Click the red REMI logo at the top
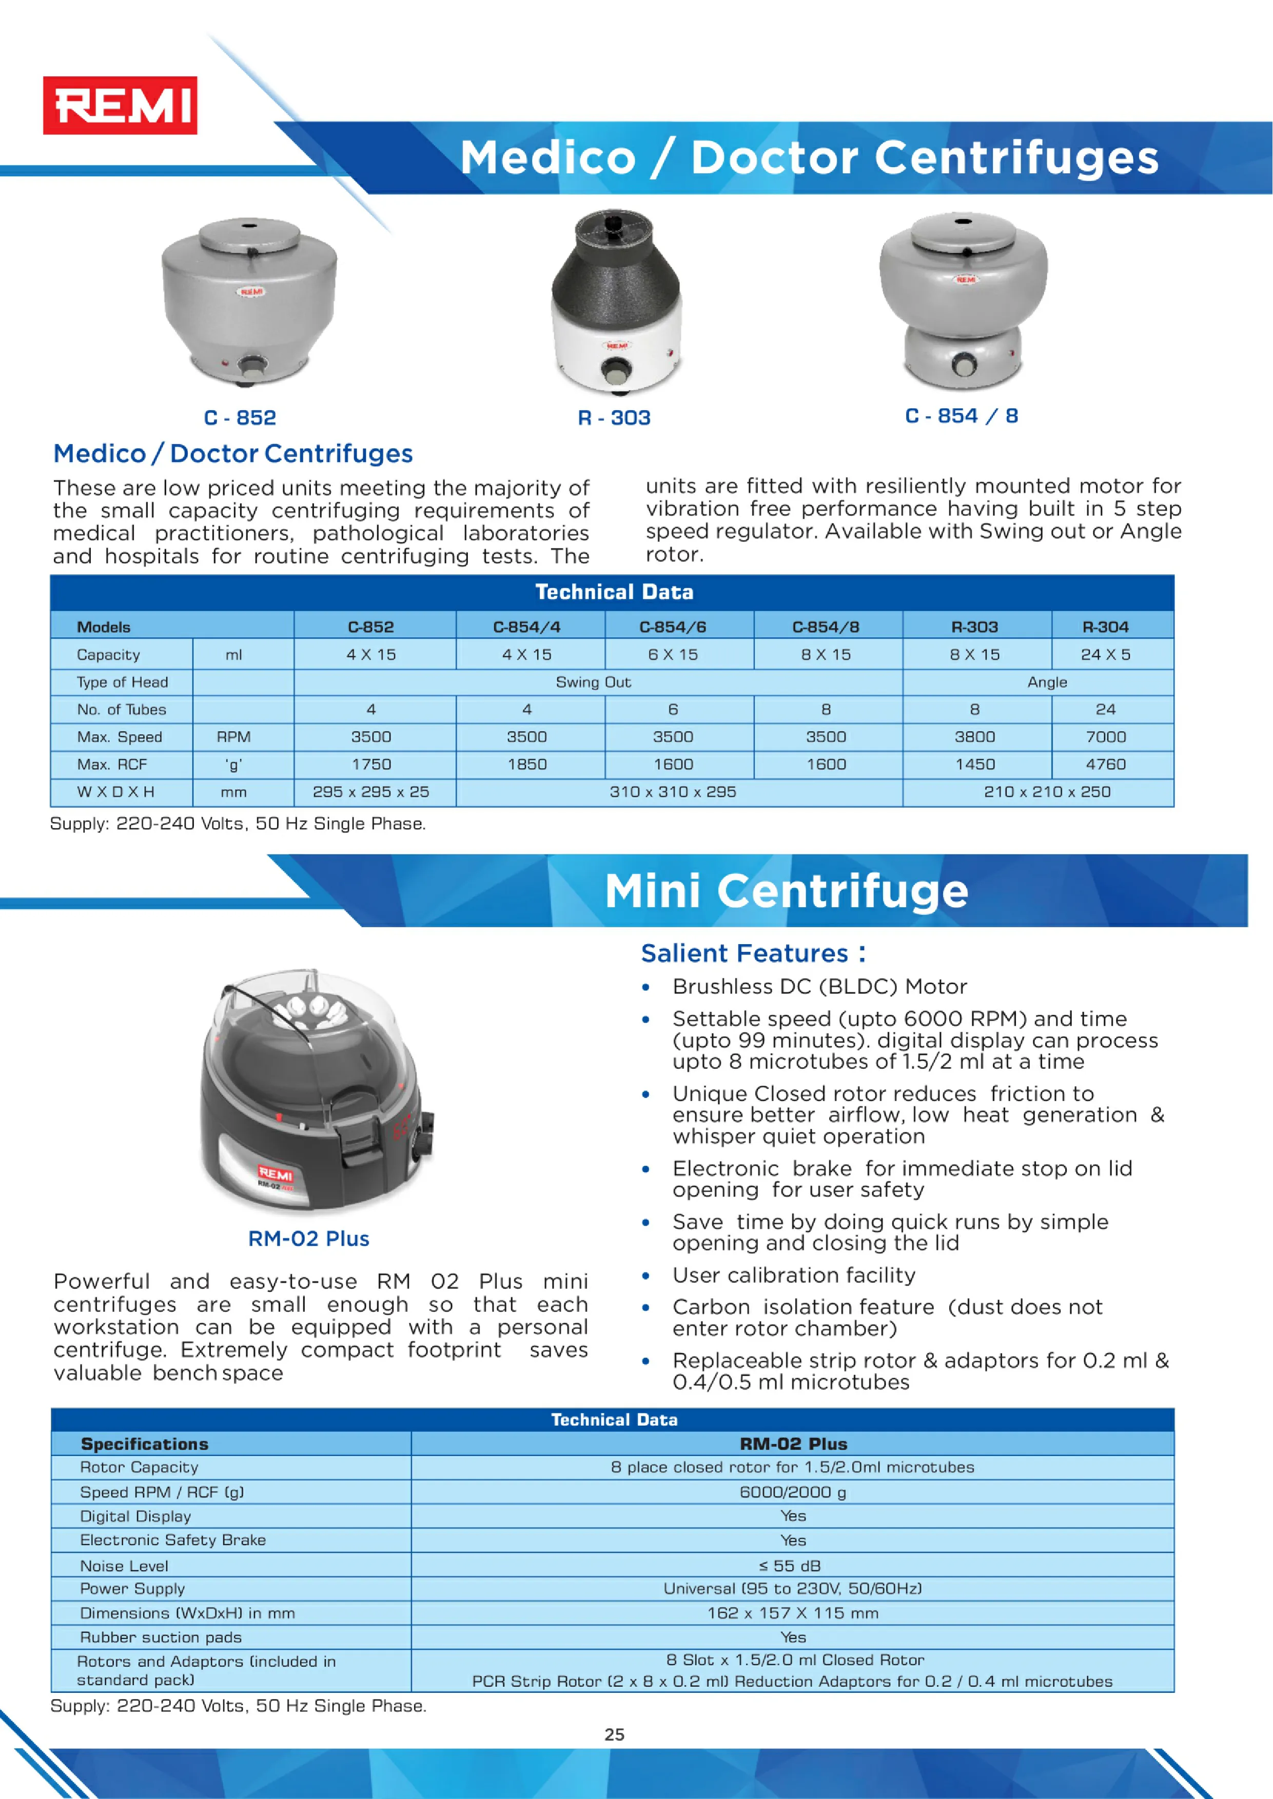(120, 105)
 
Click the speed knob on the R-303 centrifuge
(616, 368)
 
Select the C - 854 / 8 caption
(961, 416)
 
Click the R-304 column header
(1105, 627)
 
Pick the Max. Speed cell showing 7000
(1105, 736)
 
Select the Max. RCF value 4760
(1105, 764)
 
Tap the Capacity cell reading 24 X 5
(1105, 654)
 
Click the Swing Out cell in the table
(593, 682)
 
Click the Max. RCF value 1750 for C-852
(371, 764)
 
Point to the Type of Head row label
(122, 682)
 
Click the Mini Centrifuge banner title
(786, 891)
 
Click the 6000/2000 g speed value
(793, 1492)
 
